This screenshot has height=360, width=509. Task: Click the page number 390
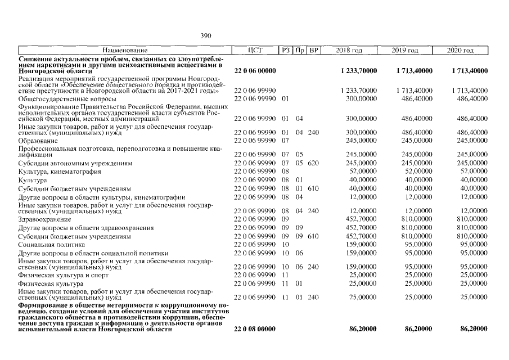coord(206,35)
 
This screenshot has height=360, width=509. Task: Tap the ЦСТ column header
coord(255,51)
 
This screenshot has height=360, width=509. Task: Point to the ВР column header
coord(314,51)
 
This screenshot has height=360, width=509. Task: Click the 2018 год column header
coord(349,51)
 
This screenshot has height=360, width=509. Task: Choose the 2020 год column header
coord(461,51)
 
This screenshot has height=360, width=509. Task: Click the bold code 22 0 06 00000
coord(255,71)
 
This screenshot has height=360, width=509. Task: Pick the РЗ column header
coord(285,51)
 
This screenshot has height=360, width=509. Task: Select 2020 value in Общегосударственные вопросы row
coord(472,99)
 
